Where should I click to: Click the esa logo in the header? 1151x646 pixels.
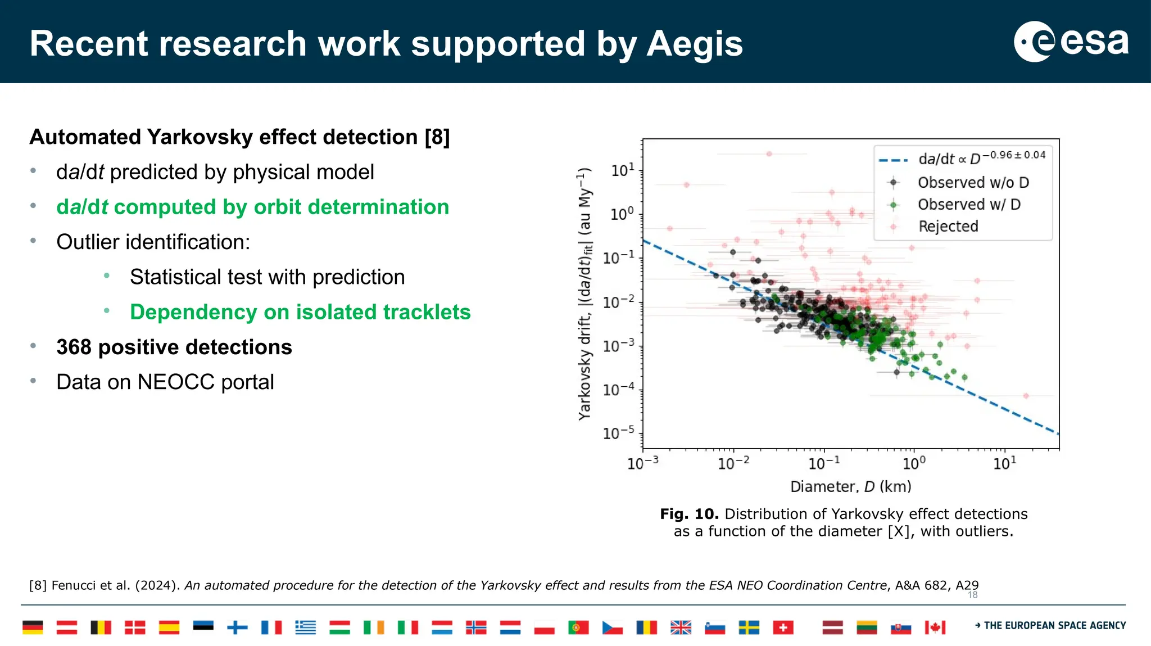[x=1071, y=42]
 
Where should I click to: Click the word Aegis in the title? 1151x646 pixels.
[x=695, y=44]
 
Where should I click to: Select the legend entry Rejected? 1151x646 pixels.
[x=948, y=226]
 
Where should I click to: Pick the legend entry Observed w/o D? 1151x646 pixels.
[x=973, y=182]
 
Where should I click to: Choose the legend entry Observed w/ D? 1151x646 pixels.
[x=969, y=204]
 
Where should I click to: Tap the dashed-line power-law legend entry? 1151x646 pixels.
[x=981, y=159]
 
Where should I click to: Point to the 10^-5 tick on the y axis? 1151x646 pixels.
[x=618, y=433]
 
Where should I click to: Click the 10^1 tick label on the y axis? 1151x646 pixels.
[x=622, y=170]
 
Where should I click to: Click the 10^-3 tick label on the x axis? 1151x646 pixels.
[x=642, y=463]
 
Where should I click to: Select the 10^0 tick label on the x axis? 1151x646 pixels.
[x=914, y=463]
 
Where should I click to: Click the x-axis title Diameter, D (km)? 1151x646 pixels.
[x=850, y=486]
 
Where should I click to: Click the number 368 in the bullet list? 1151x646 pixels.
[x=74, y=347]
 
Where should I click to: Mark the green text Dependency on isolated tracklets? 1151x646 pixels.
[x=300, y=312]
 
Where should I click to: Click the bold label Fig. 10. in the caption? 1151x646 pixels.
[x=689, y=514]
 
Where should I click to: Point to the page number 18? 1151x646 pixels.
[x=972, y=595]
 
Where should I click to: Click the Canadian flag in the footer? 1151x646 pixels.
[x=935, y=627]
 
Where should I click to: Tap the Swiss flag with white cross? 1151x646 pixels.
[x=783, y=627]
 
